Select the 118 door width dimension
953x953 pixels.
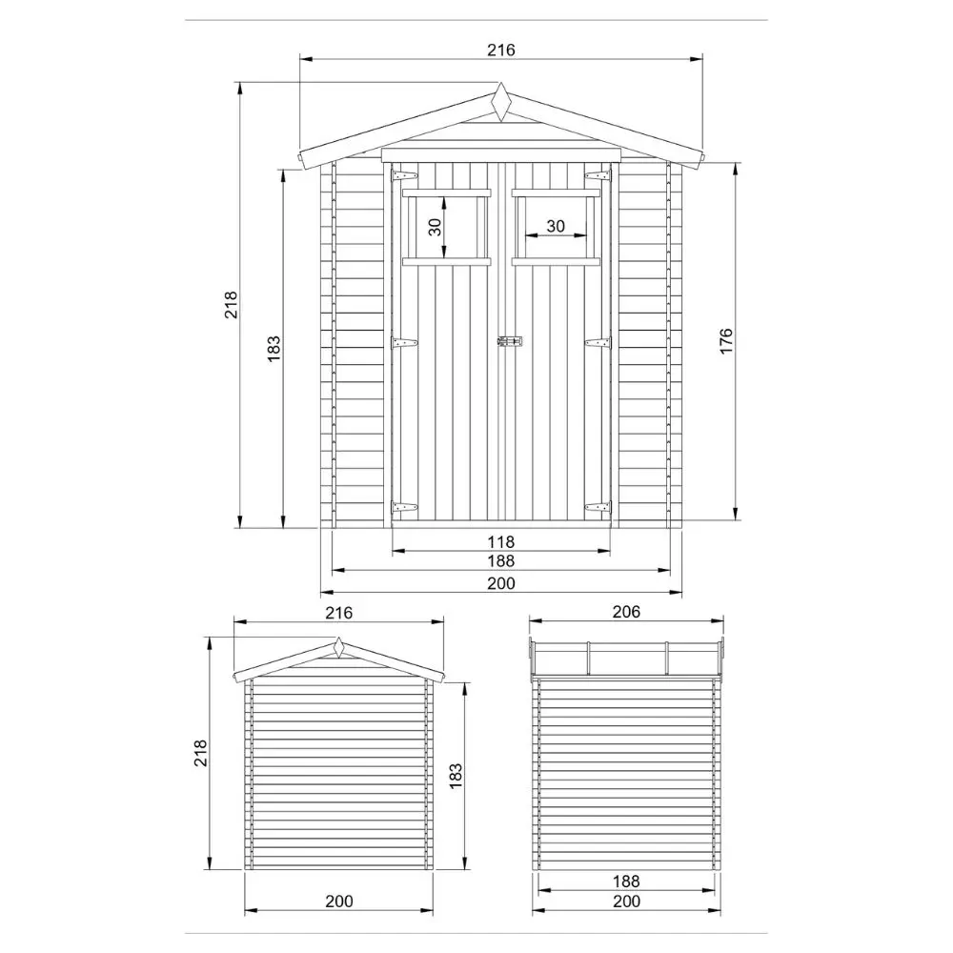(500, 541)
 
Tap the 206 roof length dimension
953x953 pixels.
(625, 612)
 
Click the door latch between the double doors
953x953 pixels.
(510, 340)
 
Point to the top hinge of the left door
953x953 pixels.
(404, 176)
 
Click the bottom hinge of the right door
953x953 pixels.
(598, 507)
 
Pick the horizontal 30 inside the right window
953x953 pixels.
(555, 226)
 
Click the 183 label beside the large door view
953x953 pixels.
(274, 349)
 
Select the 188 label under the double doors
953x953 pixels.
(500, 561)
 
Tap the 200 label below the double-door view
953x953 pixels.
(500, 583)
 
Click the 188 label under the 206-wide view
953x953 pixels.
(625, 882)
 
